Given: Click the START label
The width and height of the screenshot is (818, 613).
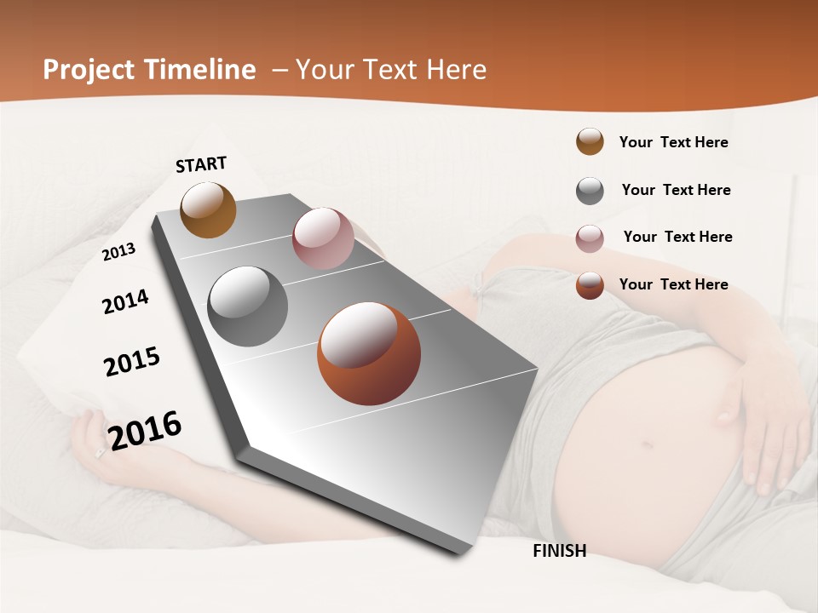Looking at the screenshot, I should pos(201,164).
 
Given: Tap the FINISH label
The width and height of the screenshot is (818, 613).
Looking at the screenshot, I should pos(559,551).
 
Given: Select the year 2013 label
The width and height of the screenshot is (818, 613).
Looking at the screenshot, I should pos(118,252).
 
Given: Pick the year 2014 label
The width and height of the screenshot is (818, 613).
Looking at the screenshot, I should pos(125,301).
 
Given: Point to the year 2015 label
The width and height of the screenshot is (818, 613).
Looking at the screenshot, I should pos(132,362).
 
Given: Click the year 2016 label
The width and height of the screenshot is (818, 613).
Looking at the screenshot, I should pos(145,430).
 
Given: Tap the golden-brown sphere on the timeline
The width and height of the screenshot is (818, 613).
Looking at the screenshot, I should pos(208,209).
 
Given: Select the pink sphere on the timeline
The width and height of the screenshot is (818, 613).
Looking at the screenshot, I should pos(323,238).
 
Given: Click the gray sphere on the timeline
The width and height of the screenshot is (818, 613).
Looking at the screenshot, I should pos(248,306).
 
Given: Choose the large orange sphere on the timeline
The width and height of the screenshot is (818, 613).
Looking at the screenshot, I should pos(368,353).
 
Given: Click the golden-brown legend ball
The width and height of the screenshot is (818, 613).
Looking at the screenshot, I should pos(590,141).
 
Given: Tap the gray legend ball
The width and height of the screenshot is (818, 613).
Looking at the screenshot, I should pos(590,191).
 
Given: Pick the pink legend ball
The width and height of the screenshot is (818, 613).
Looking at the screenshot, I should pos(590,238).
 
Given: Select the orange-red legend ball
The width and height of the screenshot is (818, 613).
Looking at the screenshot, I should pos(590,285).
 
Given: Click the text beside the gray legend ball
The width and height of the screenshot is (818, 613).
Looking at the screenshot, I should pos(676,190).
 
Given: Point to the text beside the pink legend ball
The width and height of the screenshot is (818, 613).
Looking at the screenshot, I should pos(677,237).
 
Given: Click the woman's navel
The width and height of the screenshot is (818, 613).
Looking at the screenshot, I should pos(646,443).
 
